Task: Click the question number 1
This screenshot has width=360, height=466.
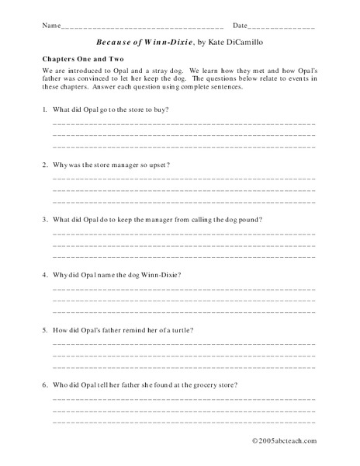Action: coord(44,110)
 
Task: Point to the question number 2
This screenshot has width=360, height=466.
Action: coord(44,165)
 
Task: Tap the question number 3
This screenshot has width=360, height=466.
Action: coord(44,220)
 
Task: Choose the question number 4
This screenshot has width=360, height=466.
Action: coord(44,275)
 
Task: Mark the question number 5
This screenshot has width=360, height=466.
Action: coord(44,330)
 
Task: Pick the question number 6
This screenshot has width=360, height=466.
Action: coord(44,385)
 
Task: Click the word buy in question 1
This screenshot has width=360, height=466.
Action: coord(159,110)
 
